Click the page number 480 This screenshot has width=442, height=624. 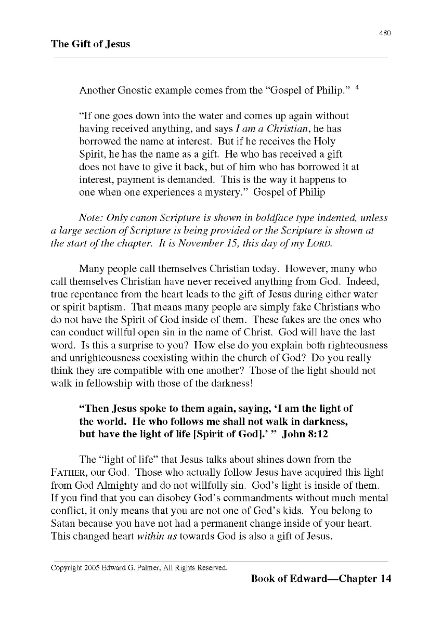(385, 33)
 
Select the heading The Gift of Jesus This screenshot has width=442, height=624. (90, 44)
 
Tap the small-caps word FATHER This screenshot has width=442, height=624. (69, 473)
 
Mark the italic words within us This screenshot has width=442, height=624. (157, 536)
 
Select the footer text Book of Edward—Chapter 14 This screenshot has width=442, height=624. (320, 579)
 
